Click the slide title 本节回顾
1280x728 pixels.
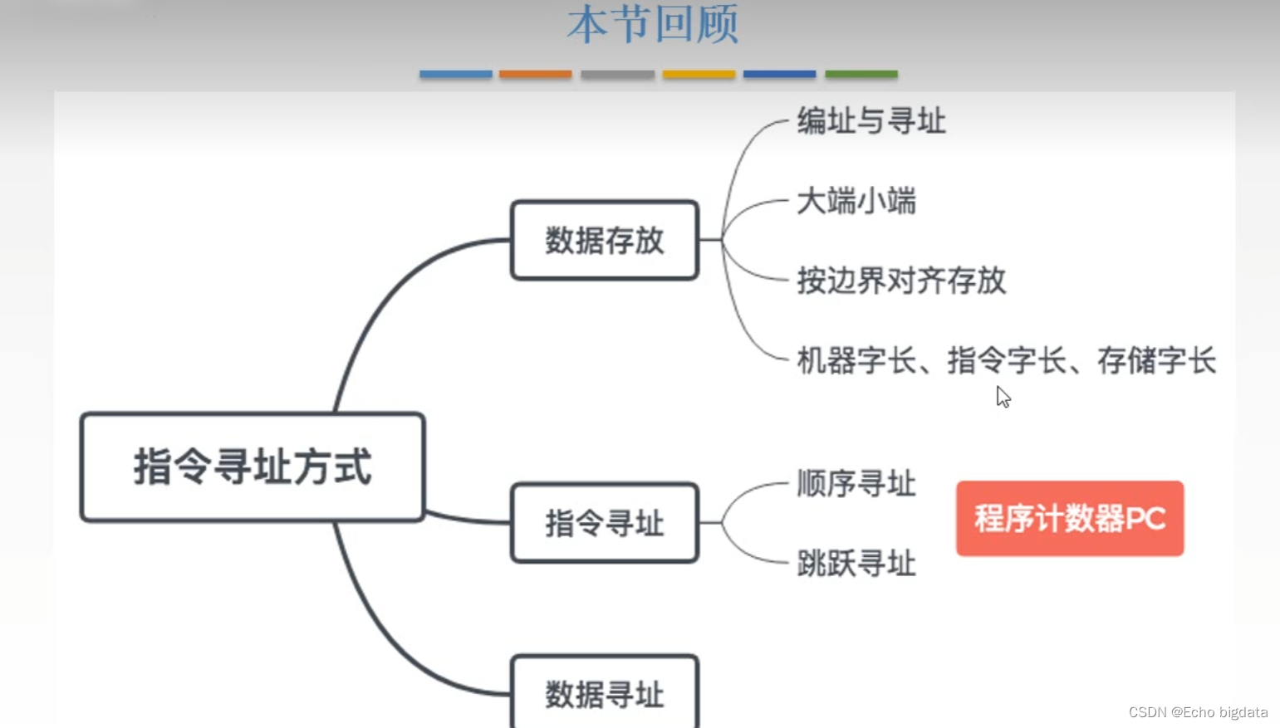[653, 25]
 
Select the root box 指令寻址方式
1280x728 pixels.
[253, 467]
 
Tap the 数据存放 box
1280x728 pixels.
[605, 241]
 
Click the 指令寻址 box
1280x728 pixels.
[605, 523]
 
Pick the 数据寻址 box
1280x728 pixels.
[605, 693]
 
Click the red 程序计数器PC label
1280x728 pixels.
[1070, 519]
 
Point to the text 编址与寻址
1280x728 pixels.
[870, 121]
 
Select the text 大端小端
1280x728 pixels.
[856, 202]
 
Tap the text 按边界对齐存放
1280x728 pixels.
[901, 281]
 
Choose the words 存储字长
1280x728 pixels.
[1156, 361]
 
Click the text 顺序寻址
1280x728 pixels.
[856, 483]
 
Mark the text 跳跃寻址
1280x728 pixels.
[856, 564]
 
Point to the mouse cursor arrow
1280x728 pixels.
[1003, 396]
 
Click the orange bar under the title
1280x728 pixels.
[536, 74]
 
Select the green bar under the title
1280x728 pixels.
[861, 74]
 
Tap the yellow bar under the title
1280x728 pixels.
[699, 74]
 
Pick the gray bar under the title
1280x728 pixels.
[617, 74]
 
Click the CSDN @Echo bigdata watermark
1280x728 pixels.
[1198, 712]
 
